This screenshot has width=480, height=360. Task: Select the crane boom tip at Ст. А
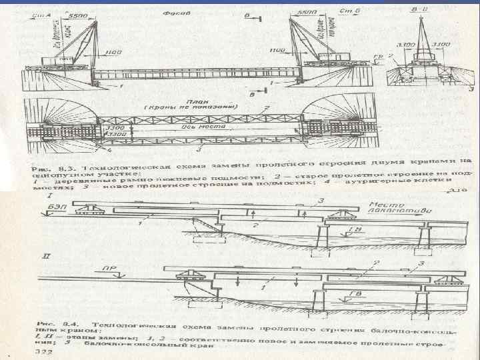point(96,22)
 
